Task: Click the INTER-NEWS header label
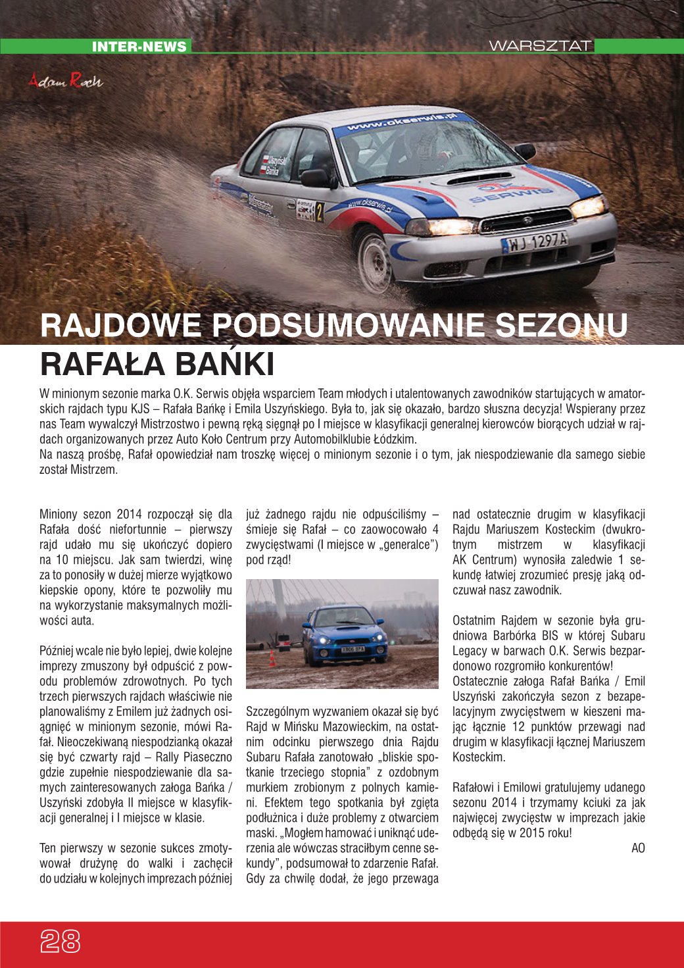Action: (139, 47)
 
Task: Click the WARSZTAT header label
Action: (540, 46)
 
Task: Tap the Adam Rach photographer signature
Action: (66, 81)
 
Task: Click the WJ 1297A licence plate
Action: (535, 242)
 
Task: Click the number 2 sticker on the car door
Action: (320, 211)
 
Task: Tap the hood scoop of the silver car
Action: (479, 178)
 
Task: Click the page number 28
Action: (61, 942)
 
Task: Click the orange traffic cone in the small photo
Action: (272, 658)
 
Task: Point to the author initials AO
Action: (638, 848)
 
